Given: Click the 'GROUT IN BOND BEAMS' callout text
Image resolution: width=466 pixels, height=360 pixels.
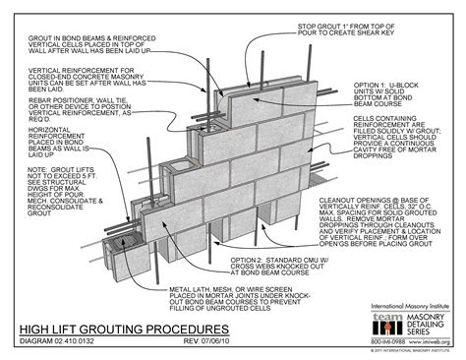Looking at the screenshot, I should click(65, 44).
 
